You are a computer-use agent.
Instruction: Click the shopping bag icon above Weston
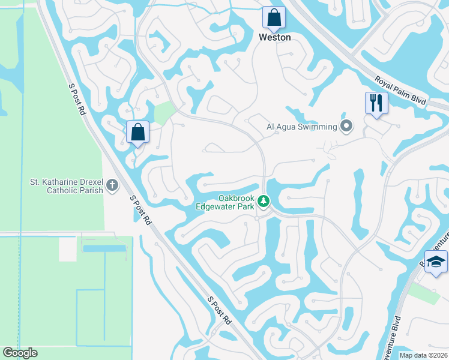274,18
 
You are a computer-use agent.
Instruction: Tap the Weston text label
274,37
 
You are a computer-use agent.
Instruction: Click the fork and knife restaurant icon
376,103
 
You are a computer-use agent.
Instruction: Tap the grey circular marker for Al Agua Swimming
346,127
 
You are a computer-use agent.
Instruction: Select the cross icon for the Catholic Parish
112,186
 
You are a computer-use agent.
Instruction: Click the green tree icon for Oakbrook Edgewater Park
263,202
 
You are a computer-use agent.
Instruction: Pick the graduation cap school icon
436,262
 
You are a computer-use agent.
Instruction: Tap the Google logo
20,352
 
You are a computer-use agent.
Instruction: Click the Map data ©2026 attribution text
423,355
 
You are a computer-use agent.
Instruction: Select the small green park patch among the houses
163,113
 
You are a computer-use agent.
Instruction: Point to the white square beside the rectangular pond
67,249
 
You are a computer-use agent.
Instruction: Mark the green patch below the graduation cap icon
425,293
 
